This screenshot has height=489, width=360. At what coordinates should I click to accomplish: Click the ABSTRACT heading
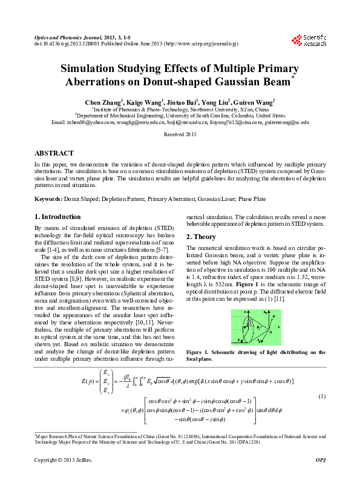[54, 154]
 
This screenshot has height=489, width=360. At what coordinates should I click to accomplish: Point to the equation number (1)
[322, 396]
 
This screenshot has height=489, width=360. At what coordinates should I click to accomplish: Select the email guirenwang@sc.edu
[287, 122]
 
